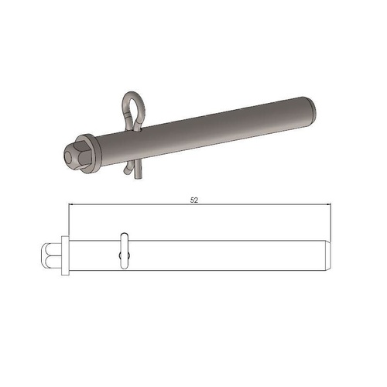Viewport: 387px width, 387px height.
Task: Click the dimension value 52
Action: [x=194, y=199]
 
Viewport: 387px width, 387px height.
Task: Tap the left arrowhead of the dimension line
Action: [x=72, y=205]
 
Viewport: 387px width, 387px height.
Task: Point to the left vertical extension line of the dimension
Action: [x=67, y=221]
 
